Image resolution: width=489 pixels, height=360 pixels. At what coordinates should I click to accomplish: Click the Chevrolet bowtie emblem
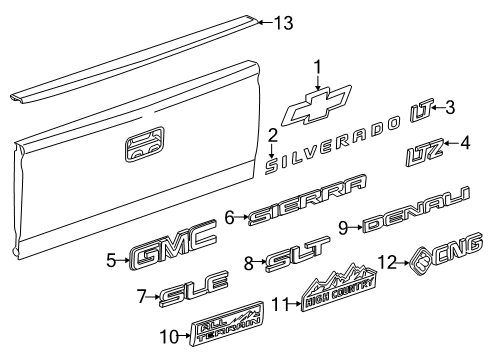tap(317, 106)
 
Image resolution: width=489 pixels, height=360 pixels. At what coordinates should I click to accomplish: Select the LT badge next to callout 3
tap(421, 110)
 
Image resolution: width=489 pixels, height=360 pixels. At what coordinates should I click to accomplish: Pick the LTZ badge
tap(425, 152)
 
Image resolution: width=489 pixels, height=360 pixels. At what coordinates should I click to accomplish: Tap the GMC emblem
tap(173, 247)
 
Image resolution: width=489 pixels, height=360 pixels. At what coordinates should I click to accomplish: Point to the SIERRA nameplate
tap(307, 200)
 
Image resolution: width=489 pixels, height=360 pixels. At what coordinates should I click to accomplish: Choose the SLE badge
tap(194, 289)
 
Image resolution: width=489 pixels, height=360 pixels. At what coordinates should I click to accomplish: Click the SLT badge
tap(297, 253)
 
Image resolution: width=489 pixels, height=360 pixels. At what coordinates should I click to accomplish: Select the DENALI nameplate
tap(416, 210)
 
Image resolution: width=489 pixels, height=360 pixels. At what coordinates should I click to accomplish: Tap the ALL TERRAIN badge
tap(226, 324)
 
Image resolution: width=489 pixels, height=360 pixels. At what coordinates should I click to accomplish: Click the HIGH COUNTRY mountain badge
tap(339, 287)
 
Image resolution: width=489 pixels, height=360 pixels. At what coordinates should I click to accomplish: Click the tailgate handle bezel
tap(145, 144)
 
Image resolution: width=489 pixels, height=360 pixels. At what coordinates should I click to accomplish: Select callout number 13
tap(284, 23)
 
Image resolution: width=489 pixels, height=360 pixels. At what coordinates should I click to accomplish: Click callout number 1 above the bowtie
tap(318, 68)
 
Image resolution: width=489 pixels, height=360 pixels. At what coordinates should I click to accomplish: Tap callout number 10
tap(170, 337)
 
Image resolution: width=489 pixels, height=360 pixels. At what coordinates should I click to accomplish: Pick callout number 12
tap(388, 262)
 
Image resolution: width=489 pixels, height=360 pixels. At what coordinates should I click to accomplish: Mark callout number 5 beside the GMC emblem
tap(112, 260)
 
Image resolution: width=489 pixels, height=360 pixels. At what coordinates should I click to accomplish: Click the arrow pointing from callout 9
tap(356, 228)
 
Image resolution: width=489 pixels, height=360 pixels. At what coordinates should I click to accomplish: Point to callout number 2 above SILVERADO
tap(272, 136)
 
